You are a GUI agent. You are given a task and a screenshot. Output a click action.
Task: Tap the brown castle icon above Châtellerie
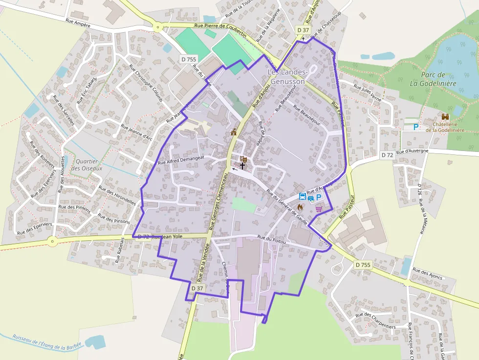[x=445, y=117]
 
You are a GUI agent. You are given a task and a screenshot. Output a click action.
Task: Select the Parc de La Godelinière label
[x=433, y=79]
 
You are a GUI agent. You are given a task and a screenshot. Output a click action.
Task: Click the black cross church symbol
[x=242, y=166]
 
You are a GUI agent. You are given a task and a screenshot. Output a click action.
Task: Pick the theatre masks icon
[x=243, y=158]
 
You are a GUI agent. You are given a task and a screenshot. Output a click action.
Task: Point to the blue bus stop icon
[x=303, y=197]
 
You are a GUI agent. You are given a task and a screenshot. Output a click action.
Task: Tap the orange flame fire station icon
[x=300, y=207]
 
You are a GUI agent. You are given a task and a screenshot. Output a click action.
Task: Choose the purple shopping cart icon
[x=319, y=209]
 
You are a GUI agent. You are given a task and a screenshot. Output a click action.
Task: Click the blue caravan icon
[x=311, y=197]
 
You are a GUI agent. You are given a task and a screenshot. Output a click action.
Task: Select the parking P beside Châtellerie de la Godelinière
[x=416, y=127]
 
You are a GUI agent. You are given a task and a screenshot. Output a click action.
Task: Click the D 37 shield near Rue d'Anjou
[x=303, y=30]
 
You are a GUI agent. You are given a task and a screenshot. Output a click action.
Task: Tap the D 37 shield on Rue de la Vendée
[x=197, y=288]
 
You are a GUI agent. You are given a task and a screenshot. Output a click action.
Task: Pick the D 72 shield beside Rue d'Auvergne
[x=387, y=155]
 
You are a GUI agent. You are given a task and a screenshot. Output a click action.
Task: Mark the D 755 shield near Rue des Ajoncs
[x=363, y=264]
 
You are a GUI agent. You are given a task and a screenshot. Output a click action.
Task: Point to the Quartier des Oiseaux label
[x=86, y=165]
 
